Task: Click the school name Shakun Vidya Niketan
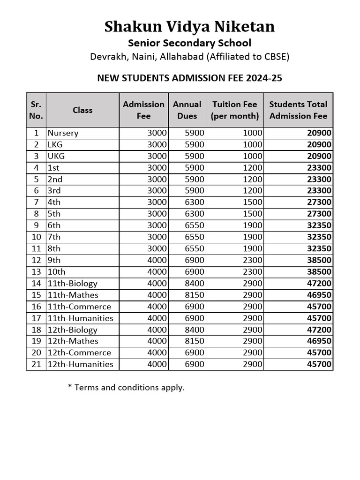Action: [189, 27]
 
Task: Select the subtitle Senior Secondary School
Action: [189, 43]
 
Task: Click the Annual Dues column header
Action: [187, 110]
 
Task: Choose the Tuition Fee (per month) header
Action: [234, 110]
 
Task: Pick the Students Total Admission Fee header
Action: [298, 110]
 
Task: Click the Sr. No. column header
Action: [36, 110]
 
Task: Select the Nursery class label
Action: [63, 133]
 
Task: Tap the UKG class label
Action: [56, 156]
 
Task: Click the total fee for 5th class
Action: [319, 214]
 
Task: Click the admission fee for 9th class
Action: [157, 260]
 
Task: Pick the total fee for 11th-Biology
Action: [319, 283]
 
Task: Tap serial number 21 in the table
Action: [37, 364]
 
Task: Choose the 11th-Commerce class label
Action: [79, 307]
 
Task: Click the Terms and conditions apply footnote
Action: [126, 388]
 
